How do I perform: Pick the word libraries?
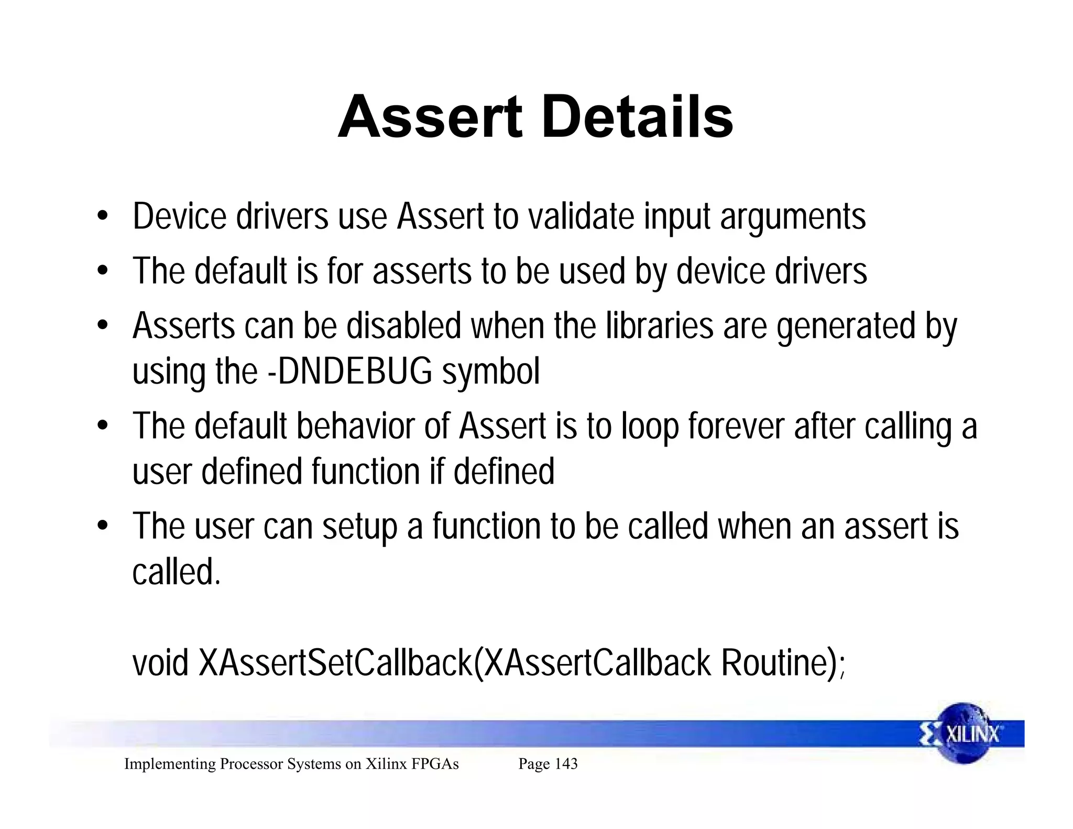(x=660, y=325)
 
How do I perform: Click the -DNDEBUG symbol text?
(x=350, y=371)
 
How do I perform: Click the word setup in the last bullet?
(x=359, y=527)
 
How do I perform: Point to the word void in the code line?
(x=160, y=663)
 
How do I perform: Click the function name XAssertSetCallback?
(x=335, y=663)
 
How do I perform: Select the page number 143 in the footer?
(x=566, y=764)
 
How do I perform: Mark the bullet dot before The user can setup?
(x=103, y=526)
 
